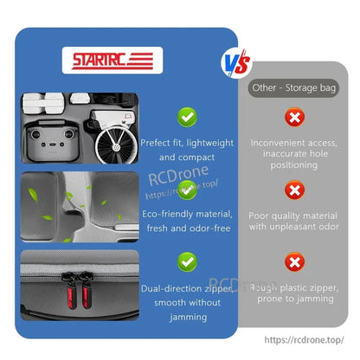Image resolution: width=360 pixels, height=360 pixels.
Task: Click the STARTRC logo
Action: click(112, 61)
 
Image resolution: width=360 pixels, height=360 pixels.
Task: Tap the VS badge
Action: click(236, 64)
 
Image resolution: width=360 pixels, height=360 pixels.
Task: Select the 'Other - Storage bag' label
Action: click(293, 87)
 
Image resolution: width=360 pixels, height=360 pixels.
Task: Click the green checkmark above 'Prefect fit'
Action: click(187, 117)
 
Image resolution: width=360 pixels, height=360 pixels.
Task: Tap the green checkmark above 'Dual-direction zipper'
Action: click(187, 262)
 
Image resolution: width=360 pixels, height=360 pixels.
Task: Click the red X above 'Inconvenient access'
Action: click(294, 117)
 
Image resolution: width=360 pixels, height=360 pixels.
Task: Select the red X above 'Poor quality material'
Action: click(294, 190)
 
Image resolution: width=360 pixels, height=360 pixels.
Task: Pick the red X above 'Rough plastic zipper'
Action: click(294, 262)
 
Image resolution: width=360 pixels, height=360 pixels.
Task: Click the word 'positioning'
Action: click(294, 165)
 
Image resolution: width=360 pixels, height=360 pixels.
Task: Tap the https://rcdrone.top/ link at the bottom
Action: click(304, 340)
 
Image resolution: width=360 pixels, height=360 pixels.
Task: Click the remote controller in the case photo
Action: click(52, 140)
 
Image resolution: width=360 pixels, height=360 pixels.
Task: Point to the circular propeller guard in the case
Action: click(116, 145)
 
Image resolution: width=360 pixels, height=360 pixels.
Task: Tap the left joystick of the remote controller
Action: click(35, 134)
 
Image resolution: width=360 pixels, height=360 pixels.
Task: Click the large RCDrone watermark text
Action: click(178, 175)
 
